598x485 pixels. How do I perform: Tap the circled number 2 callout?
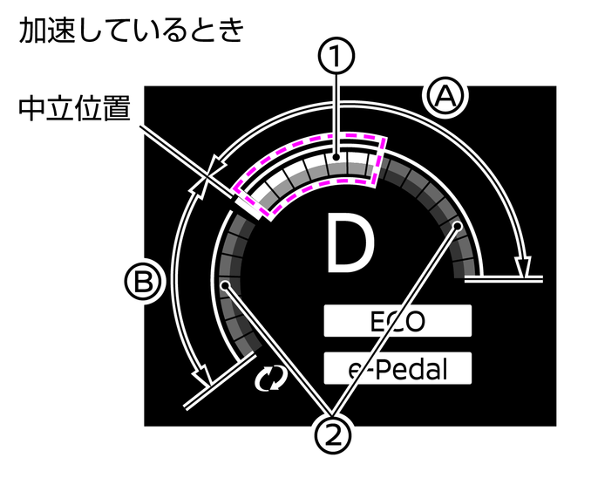[x=333, y=434]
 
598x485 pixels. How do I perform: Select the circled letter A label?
[x=445, y=97]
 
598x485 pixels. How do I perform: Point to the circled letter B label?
[x=144, y=283]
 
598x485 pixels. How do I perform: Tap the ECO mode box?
[x=398, y=320]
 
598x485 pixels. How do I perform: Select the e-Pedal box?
[x=398, y=368]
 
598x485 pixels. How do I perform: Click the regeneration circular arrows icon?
[x=271, y=379]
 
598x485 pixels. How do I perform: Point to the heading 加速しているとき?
[x=131, y=31]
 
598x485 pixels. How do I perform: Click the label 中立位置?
[x=75, y=108]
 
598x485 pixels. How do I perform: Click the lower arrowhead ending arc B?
[x=201, y=377]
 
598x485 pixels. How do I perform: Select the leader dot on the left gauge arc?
[x=226, y=285]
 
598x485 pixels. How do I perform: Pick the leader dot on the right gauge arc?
[x=457, y=226]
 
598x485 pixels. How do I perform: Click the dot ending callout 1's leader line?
[x=336, y=157]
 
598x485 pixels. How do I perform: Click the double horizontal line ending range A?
[x=504, y=278]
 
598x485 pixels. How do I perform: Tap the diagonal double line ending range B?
[x=220, y=381]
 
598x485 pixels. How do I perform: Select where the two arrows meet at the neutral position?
[x=206, y=176]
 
